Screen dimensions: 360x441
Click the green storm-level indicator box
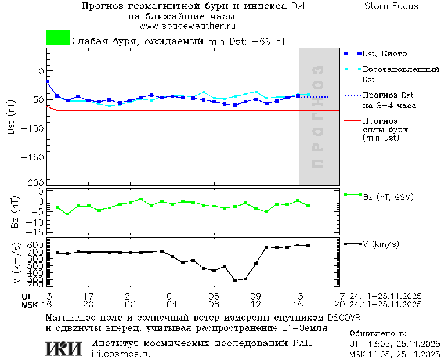click(58, 38)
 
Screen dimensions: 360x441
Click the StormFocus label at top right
click(391, 6)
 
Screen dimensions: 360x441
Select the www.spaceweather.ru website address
click(187, 26)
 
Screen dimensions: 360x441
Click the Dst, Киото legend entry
click(384, 53)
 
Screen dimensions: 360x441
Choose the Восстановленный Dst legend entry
click(400, 70)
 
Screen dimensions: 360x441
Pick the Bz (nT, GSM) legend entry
click(388, 197)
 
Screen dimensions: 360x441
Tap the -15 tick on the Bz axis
click(36, 231)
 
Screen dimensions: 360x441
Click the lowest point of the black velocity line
click(235, 280)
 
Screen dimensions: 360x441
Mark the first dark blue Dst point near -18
click(47, 81)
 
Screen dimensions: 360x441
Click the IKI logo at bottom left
click(63, 348)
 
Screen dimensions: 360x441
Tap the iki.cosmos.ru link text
click(121, 354)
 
